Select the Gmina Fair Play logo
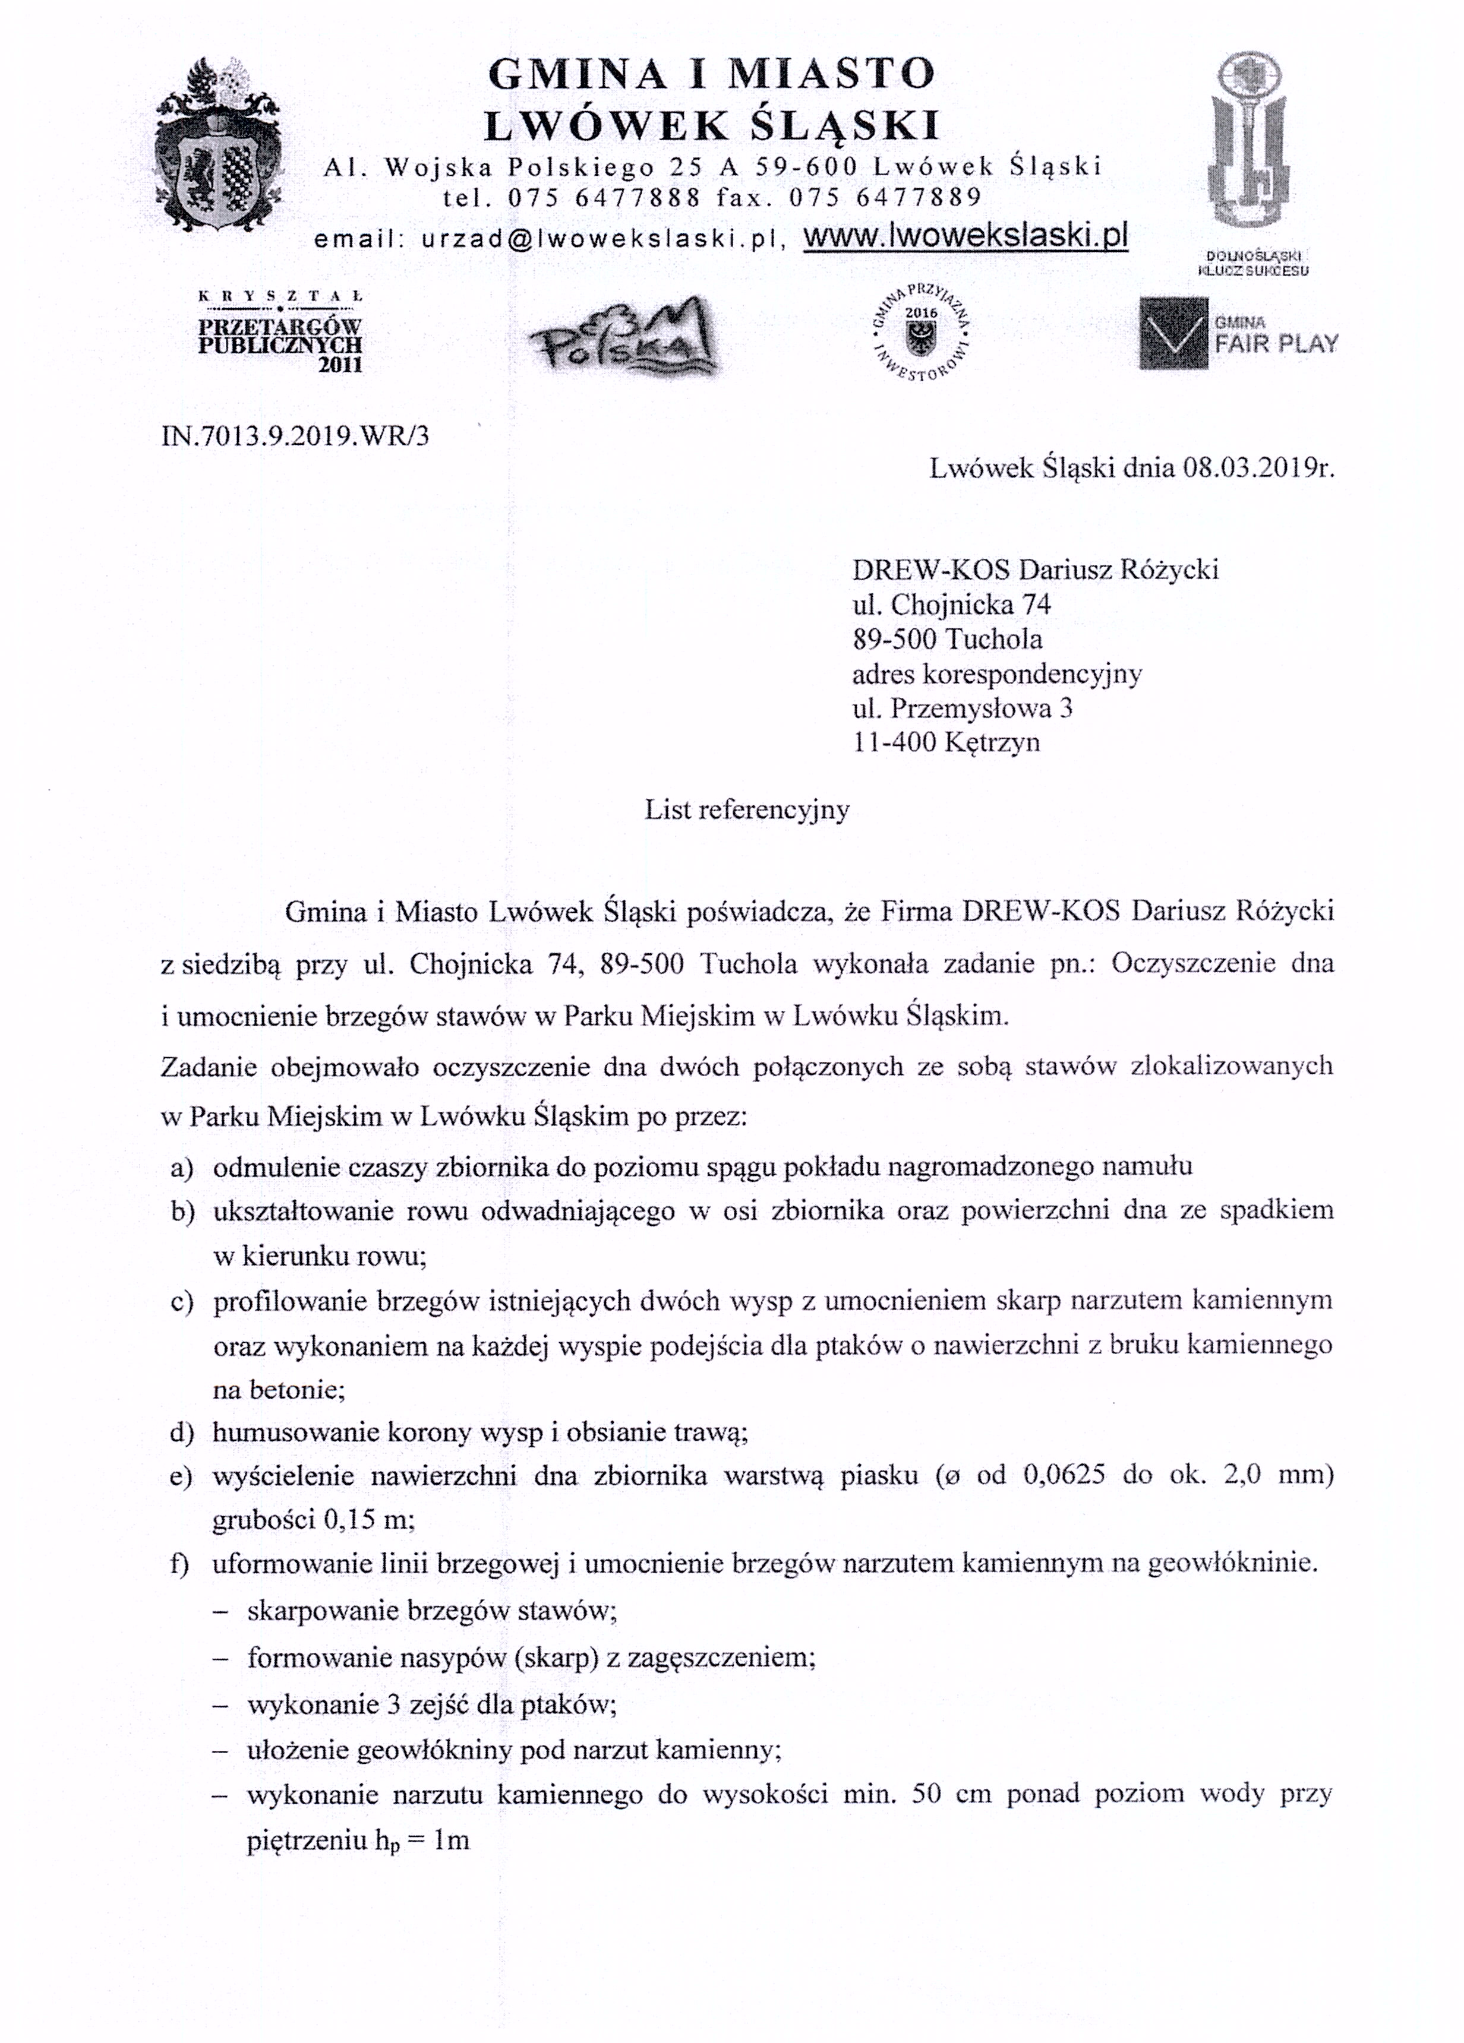click(1238, 333)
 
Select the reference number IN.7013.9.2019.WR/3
click(295, 436)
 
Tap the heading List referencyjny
click(747, 810)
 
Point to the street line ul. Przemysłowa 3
click(962, 708)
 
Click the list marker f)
click(180, 1564)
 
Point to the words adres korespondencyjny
click(996, 674)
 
